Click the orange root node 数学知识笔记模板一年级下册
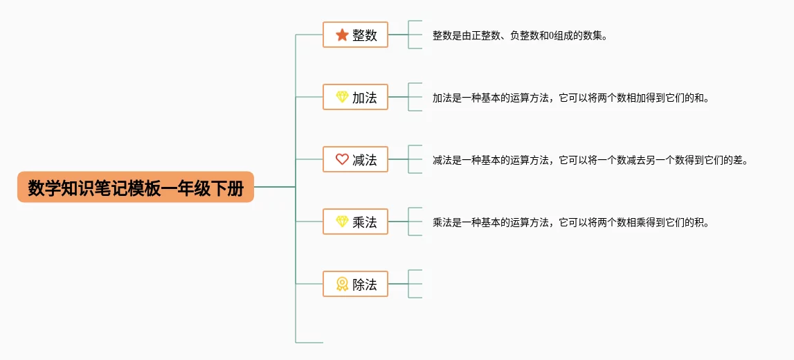tap(135, 187)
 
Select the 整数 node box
tap(356, 35)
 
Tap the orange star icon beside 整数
tap(342, 35)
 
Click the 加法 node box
tap(356, 97)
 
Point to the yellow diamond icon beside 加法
tap(342, 97)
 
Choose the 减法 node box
tap(356, 159)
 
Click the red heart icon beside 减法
tap(342, 159)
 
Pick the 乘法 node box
tap(356, 222)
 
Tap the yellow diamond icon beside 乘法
tap(342, 222)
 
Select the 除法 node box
tap(356, 284)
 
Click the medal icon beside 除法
tap(342, 284)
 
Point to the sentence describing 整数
tap(520, 35)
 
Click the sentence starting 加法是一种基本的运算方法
tap(570, 98)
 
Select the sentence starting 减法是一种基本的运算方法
tap(590, 160)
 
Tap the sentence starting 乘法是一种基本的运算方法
tap(570, 222)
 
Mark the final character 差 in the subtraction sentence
tap(740, 160)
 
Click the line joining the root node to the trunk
tap(274, 187)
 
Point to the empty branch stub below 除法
tap(309, 343)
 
